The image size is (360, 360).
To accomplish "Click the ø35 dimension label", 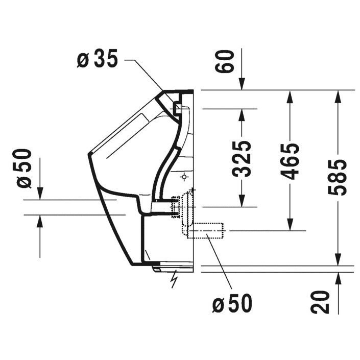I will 97,60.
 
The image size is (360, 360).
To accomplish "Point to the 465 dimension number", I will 290,161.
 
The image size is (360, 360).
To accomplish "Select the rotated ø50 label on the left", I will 24,168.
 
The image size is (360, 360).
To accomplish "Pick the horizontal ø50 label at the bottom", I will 232,304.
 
